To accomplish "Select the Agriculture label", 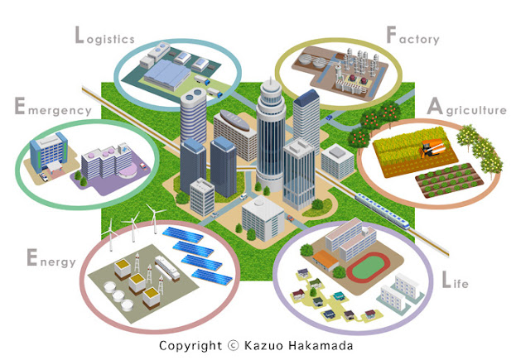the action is pyautogui.click(x=465, y=109).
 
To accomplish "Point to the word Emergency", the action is pyautogui.click(x=52, y=108).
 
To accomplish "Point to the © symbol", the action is pyautogui.click(x=232, y=345).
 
